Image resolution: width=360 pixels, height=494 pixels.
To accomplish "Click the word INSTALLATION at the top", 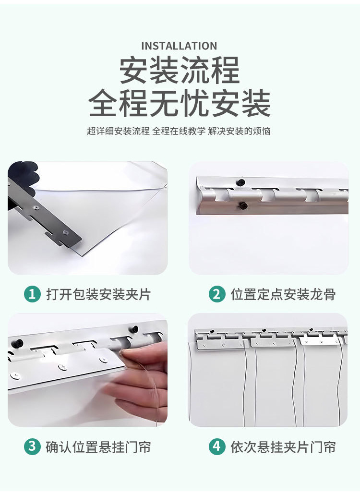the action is click(x=179, y=46).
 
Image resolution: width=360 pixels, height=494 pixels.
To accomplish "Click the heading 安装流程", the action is click(x=180, y=70).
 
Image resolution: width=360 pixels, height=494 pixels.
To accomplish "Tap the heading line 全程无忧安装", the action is click(x=180, y=103).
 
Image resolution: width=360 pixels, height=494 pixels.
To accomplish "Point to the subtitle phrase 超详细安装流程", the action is click(x=119, y=131).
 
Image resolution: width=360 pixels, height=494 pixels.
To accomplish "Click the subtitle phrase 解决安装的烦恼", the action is click(x=240, y=131).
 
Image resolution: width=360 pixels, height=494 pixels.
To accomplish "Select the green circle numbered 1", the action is click(x=32, y=294).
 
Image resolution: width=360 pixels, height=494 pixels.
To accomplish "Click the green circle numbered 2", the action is click(x=217, y=294).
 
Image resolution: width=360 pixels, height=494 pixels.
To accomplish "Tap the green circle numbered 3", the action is click(x=32, y=446).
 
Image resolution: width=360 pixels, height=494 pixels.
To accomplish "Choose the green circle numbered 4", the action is click(x=217, y=446).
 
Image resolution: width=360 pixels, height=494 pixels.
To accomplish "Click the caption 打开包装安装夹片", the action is click(x=98, y=295).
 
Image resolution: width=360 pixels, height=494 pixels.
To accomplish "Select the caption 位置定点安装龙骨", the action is click(x=283, y=295).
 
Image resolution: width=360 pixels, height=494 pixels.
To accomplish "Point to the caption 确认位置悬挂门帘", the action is click(x=98, y=447).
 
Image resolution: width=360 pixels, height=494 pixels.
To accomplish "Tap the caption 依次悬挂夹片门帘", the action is click(x=283, y=447).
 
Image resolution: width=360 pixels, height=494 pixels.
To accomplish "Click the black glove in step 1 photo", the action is click(x=22, y=177).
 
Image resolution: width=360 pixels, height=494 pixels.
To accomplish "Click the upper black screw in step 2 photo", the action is click(x=241, y=182).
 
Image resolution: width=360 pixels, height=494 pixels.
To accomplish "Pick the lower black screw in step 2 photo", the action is click(x=242, y=206).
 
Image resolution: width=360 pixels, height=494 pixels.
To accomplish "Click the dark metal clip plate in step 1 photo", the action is click(x=44, y=214).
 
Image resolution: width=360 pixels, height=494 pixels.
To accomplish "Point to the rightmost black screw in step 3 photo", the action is click(x=135, y=329).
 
